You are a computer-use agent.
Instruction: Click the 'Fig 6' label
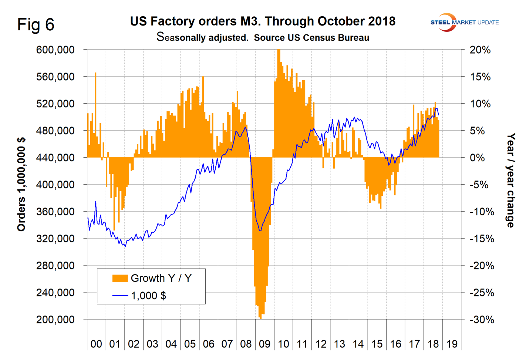pyautogui.click(x=36, y=25)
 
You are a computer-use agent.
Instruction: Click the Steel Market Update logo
pyautogui.click(x=464, y=22)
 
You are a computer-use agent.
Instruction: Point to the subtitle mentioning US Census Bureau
pyautogui.click(x=263, y=37)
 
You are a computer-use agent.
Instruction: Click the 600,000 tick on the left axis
pyautogui.click(x=55, y=50)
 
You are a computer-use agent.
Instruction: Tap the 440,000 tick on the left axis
pyautogui.click(x=55, y=158)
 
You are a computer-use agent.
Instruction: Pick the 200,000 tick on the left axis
pyautogui.click(x=55, y=319)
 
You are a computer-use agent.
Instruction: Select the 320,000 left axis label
pyautogui.click(x=55, y=239)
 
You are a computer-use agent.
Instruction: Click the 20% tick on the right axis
pyautogui.click(x=480, y=50)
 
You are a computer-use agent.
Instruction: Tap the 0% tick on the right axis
pyautogui.click(x=478, y=158)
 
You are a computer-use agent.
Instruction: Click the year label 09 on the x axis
pyautogui.click(x=264, y=344)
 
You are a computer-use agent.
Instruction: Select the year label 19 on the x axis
pyautogui.click(x=452, y=344)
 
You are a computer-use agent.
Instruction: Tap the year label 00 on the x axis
pyautogui.click(x=96, y=344)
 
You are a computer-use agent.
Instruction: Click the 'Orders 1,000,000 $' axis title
pyautogui.click(x=21, y=184)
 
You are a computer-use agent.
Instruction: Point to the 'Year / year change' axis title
pyautogui.click(x=510, y=181)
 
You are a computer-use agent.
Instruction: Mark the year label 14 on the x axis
pyautogui.click(x=358, y=344)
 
